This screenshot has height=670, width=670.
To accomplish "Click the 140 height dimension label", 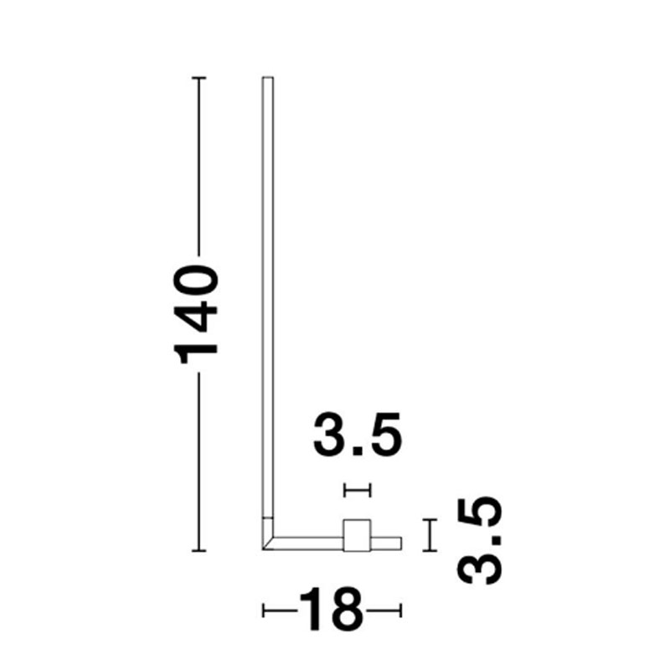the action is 196,315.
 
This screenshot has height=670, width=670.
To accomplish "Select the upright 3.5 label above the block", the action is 358,435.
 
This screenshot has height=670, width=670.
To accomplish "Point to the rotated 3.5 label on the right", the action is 480,541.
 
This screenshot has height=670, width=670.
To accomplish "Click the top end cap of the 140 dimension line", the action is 198,78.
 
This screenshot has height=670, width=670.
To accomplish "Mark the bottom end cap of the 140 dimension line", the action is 198,551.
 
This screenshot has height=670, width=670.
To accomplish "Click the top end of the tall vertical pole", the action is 268,78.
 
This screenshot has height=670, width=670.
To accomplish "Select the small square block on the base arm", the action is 357,535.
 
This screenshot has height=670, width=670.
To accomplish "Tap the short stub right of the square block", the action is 386,543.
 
